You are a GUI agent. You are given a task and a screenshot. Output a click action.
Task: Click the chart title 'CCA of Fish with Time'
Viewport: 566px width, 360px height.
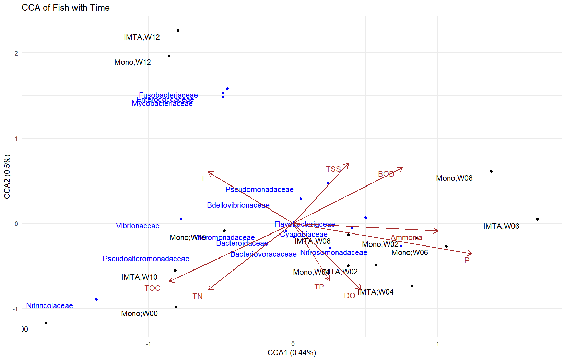point(66,8)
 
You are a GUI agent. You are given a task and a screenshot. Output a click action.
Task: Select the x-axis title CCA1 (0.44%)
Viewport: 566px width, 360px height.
point(292,352)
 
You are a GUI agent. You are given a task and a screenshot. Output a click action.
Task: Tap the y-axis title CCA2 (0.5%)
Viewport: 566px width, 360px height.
point(7,177)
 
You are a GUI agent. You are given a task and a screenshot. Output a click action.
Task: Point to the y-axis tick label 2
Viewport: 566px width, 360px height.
point(16,53)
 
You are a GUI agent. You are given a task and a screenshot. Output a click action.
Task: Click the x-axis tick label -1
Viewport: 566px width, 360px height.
point(148,344)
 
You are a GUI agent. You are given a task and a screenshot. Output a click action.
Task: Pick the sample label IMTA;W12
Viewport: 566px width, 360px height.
point(142,37)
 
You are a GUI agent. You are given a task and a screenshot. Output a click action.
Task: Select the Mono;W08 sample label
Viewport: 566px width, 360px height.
point(454,178)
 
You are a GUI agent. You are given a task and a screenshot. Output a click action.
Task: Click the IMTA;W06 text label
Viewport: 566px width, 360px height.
point(501,226)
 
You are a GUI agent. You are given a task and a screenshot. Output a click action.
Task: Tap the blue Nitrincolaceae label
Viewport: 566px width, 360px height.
point(49,305)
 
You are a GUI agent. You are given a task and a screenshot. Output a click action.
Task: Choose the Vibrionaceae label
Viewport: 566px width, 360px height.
point(138,226)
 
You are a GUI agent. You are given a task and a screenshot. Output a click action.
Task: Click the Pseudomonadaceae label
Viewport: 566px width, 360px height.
point(259,189)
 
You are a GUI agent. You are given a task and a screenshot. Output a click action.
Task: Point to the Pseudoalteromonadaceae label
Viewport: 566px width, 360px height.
point(146,259)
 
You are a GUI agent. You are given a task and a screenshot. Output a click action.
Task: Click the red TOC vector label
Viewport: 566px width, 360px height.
point(152,288)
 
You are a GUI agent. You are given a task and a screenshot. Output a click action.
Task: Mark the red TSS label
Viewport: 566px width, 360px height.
point(333,169)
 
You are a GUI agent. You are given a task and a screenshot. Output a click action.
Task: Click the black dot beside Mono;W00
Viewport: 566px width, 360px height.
point(176,307)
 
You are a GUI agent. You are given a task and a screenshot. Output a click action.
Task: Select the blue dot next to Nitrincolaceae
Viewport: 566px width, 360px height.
point(96,299)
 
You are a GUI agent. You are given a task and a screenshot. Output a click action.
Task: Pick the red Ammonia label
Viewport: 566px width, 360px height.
point(406,237)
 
